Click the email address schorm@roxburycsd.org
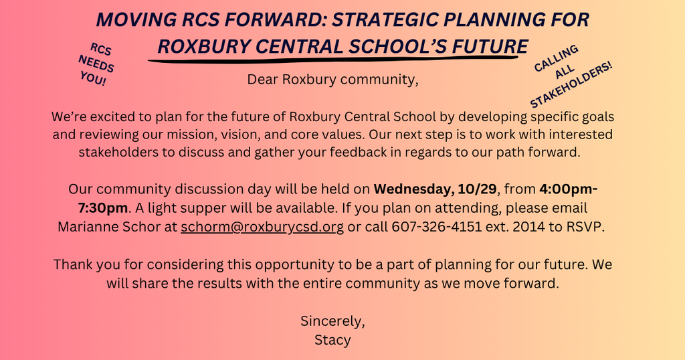[262, 228]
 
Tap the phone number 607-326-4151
[436, 227]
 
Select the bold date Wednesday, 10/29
[435, 189]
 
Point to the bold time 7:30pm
[103, 208]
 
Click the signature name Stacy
[332, 340]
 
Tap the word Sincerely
[332, 321]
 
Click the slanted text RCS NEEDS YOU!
[97, 65]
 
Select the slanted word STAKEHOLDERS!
[571, 84]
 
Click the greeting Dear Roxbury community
[332, 80]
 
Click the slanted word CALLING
[556, 58]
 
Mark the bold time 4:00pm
[569, 189]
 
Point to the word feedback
[358, 152]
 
